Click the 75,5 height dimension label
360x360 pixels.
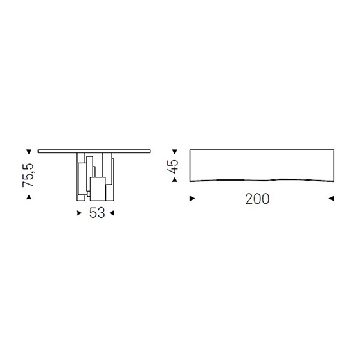[x=28, y=175]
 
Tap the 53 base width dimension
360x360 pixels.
[x=97, y=213]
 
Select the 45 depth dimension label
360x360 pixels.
[x=173, y=166]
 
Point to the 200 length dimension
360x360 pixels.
[x=257, y=199]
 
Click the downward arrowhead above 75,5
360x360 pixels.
[x=29, y=152]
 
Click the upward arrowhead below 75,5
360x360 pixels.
[x=29, y=197]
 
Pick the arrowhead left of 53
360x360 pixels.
[x=79, y=213]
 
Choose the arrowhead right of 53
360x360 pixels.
[x=112, y=213]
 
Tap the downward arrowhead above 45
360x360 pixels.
[x=175, y=152]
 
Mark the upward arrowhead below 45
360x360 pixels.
[x=175, y=180]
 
